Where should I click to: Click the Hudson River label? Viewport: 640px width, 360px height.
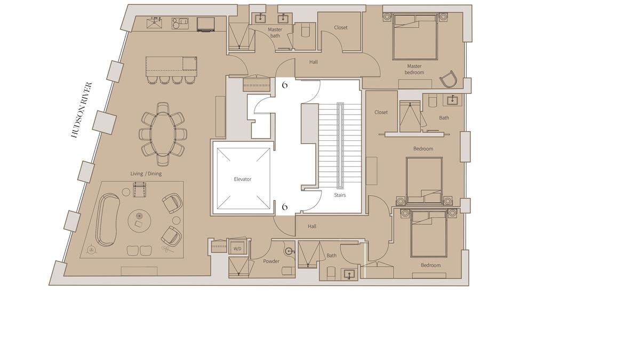tap(82, 110)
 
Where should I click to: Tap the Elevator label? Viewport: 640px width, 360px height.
tap(243, 179)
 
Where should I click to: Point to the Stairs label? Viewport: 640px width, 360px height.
tap(340, 195)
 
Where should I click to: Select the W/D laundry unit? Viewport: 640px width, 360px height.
tap(237, 246)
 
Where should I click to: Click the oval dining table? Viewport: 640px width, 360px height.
tap(163, 134)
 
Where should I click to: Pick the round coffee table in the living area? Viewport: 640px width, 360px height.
tap(139, 221)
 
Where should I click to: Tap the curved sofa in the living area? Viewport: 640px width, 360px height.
tap(107, 219)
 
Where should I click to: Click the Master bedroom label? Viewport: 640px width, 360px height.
tap(414, 69)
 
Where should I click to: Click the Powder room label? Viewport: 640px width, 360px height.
tap(271, 261)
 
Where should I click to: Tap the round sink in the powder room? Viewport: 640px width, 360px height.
tap(289, 251)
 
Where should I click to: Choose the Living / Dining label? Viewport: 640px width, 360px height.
tap(146, 174)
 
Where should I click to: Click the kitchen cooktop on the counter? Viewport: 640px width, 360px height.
tap(180, 23)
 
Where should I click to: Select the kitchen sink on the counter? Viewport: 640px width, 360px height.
tap(154, 23)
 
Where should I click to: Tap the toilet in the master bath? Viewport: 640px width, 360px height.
tap(305, 30)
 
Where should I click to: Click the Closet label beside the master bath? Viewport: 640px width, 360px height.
tap(341, 28)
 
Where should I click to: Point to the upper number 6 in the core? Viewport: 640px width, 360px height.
tap(285, 85)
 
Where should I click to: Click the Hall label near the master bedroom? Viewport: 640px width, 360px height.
tap(314, 62)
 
